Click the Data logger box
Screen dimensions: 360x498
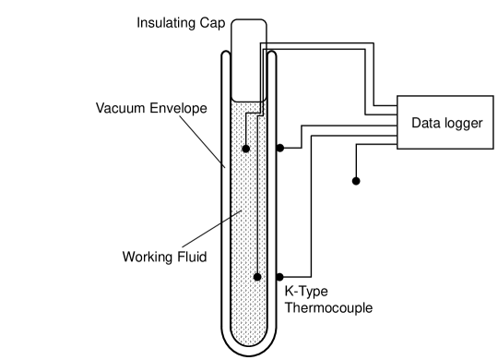click(445, 122)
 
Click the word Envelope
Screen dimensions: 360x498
click(177, 108)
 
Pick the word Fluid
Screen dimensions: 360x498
click(191, 256)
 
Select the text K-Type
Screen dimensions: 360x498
click(306, 292)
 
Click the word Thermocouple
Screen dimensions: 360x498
click(328, 307)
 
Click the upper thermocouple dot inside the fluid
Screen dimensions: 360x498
click(245, 148)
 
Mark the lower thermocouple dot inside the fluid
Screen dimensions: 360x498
click(257, 277)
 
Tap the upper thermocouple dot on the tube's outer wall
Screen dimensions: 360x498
click(279, 148)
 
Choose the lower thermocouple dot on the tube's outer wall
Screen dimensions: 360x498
click(279, 277)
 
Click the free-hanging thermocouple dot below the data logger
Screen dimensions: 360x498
click(356, 181)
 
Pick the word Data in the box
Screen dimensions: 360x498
click(426, 122)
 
